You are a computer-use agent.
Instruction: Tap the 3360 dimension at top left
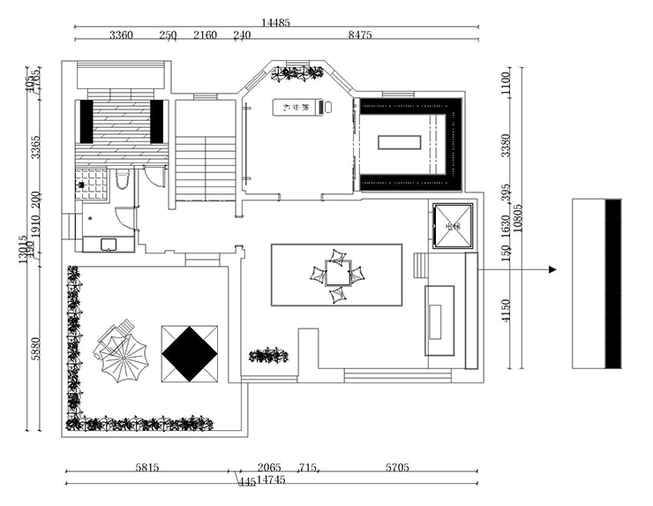121,35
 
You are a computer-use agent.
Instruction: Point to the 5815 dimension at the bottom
147,467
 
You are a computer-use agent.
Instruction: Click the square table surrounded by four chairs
336,275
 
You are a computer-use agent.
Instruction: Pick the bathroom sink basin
109,243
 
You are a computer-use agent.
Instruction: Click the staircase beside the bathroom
206,168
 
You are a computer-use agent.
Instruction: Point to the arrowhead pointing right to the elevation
552,269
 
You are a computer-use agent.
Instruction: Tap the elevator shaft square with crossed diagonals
454,226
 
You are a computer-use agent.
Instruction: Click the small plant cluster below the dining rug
268,355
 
